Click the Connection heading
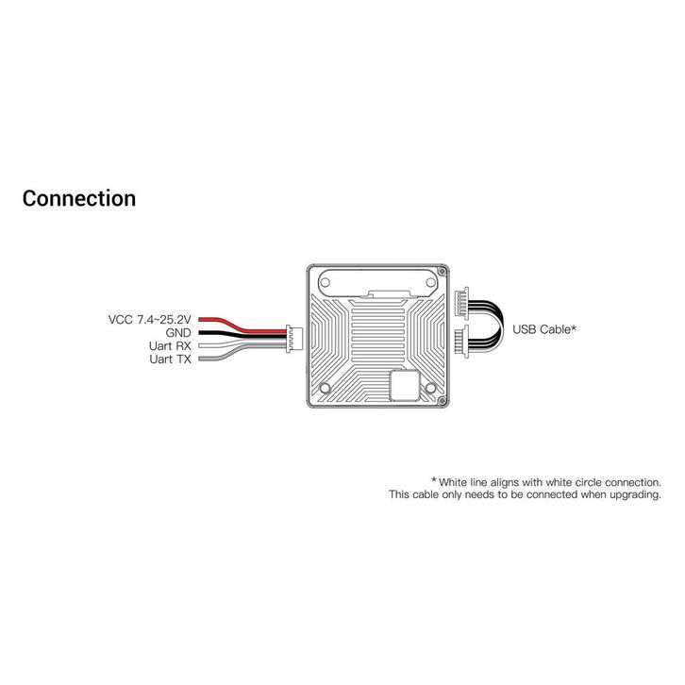(x=78, y=199)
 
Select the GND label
(x=178, y=333)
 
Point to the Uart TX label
(x=172, y=359)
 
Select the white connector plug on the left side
(x=293, y=337)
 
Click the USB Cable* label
(x=544, y=329)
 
